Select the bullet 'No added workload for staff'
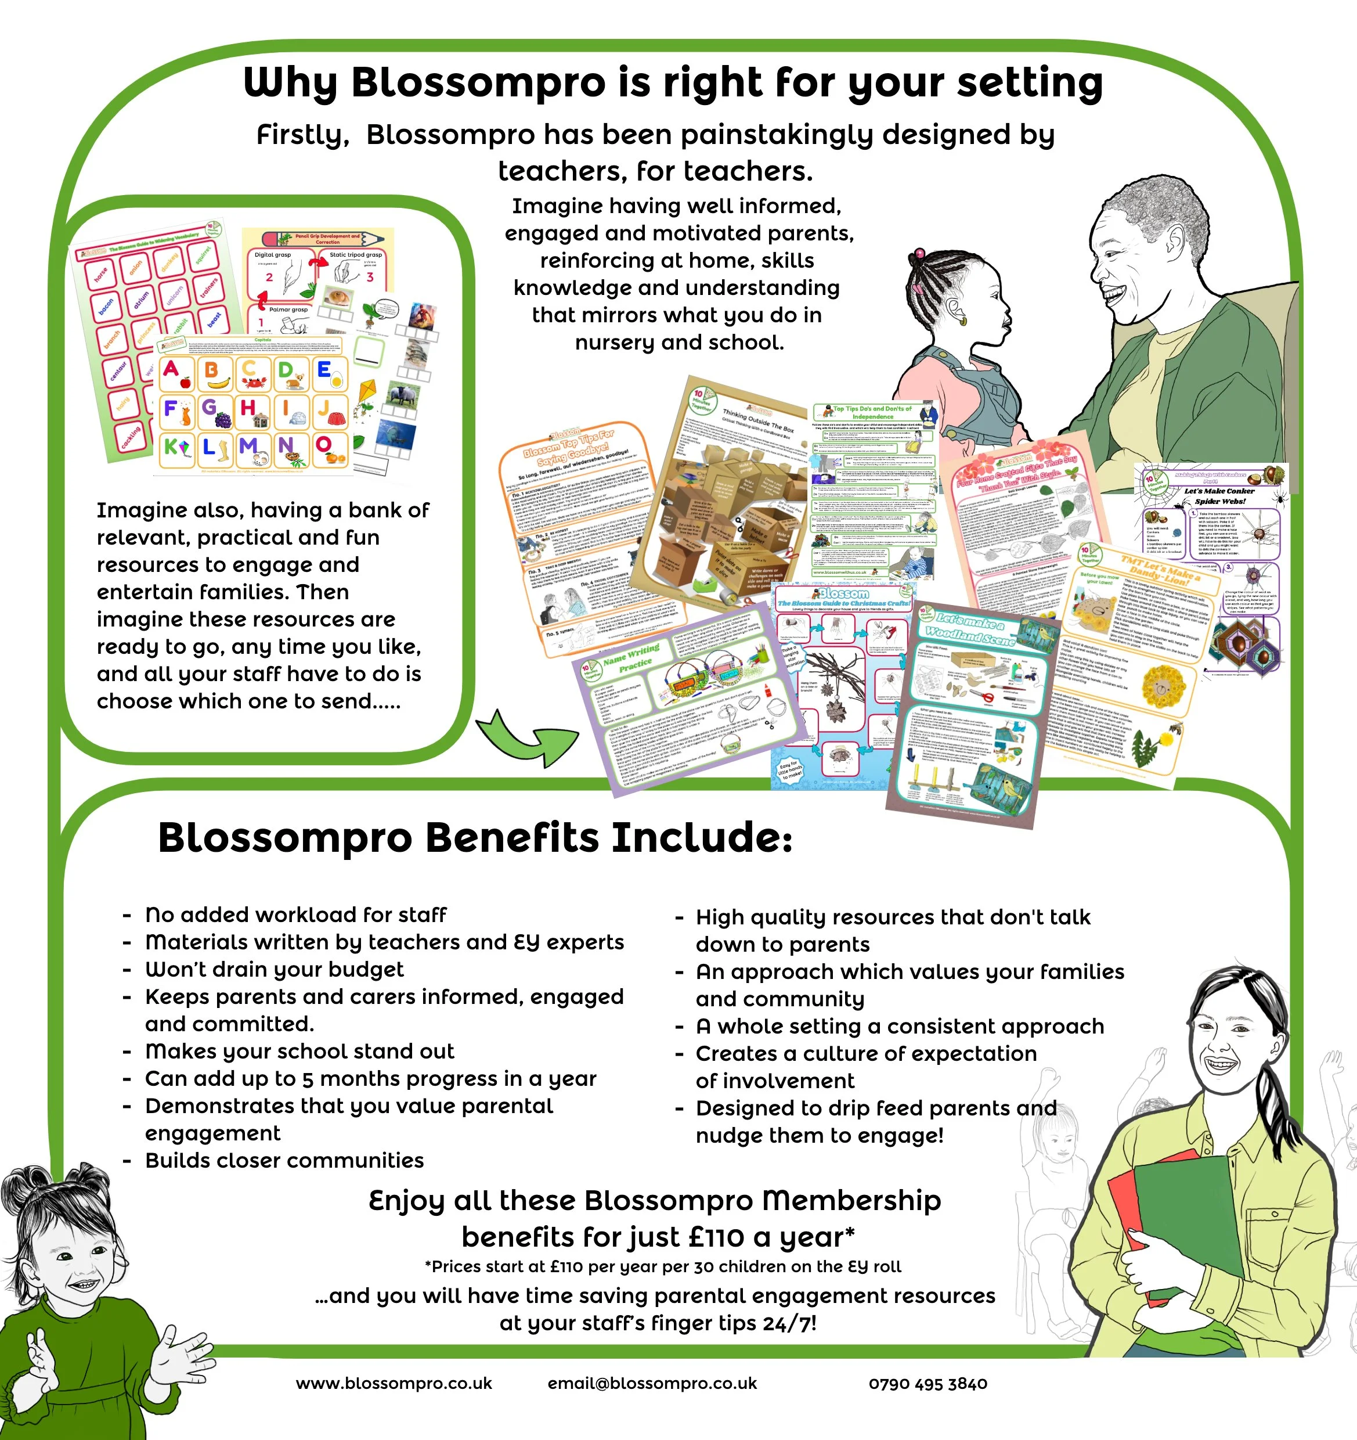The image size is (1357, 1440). click(x=295, y=915)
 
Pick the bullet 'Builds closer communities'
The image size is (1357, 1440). click(x=284, y=1160)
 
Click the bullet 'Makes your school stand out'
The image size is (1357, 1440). click(x=299, y=1051)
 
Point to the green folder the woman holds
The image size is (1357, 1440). click(x=1188, y=1217)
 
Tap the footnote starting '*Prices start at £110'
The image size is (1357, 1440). click(x=663, y=1266)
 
